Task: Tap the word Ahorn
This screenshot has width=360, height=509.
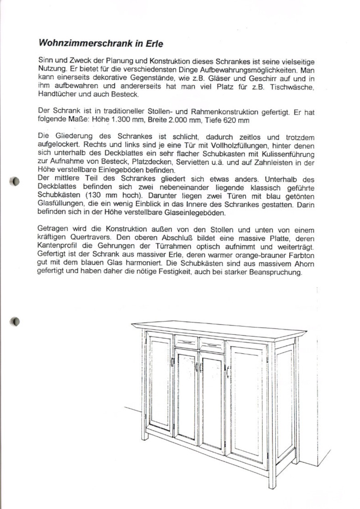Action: pos(303,265)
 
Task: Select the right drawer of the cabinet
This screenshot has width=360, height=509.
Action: pos(212,345)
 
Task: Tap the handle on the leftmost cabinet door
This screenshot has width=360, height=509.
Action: pos(172,361)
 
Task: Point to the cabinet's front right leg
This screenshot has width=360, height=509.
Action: pos(272,476)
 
